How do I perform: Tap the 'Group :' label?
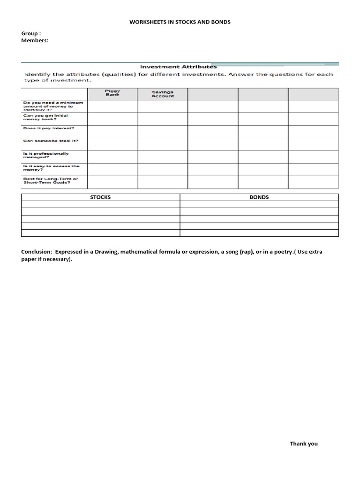coord(31,34)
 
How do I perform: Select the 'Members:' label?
coord(35,41)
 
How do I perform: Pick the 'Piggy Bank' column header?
coord(112,93)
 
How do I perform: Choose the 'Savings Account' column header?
coord(162,94)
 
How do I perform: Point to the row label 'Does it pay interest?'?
coord(49,128)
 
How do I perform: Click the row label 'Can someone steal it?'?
coord(50,141)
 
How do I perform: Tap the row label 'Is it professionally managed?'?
coord(46,156)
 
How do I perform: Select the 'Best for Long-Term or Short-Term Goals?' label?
coord(51,181)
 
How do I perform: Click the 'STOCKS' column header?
coord(100,197)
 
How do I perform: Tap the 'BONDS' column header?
coord(259,197)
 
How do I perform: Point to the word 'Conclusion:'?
coord(36,252)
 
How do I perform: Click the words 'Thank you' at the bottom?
coord(303,443)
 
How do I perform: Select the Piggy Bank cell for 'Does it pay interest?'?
coord(112,131)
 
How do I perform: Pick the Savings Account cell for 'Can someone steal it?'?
coord(162,144)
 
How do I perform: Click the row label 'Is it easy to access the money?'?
coord(51,168)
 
